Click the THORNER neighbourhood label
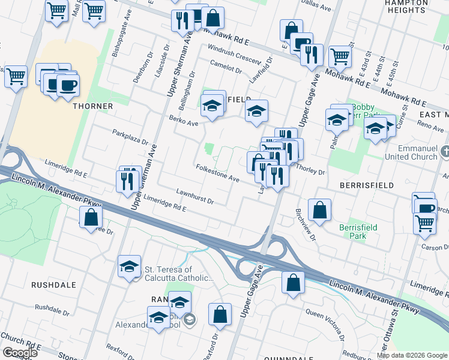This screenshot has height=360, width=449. [92, 106]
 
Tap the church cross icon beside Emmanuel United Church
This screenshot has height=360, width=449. [444, 152]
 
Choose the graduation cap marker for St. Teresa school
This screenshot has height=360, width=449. [129, 267]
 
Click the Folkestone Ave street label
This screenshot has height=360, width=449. [217, 173]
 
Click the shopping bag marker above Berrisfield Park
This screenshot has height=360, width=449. [319, 210]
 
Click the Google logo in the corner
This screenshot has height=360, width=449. [20, 353]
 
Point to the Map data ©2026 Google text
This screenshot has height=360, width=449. [412, 355]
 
